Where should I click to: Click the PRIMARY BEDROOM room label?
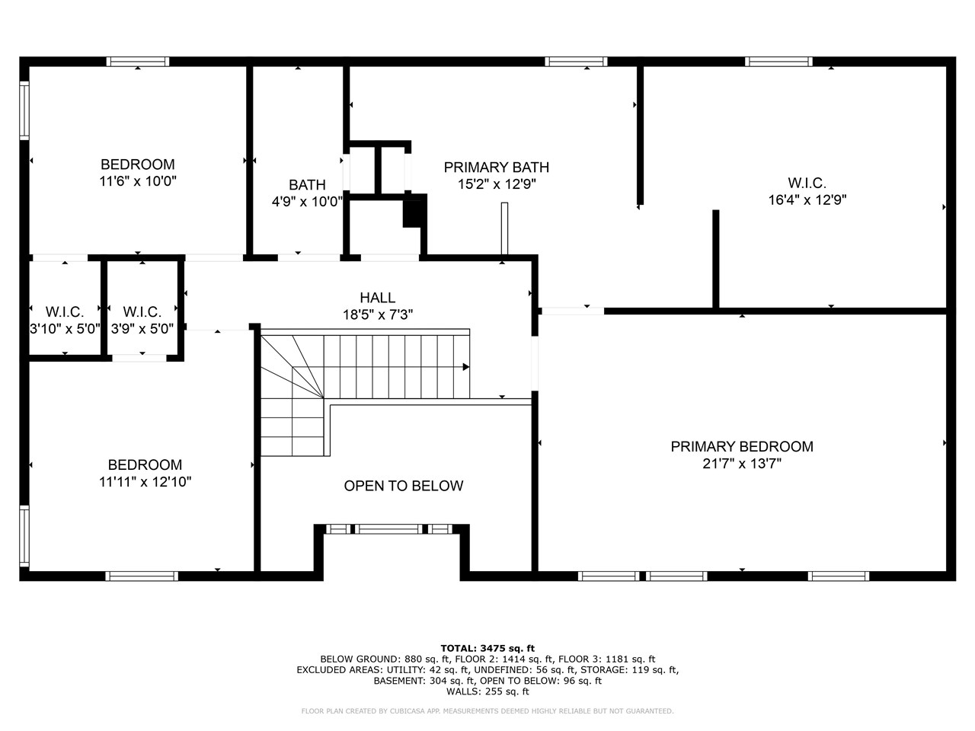point(741,447)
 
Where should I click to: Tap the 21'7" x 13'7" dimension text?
point(741,464)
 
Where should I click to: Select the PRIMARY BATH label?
point(496,168)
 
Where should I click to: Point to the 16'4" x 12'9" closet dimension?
point(807,200)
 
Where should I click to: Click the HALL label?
point(377,298)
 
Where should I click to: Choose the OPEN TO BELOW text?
point(403,486)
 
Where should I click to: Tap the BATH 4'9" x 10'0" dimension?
point(307,202)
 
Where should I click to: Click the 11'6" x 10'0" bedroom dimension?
point(138,181)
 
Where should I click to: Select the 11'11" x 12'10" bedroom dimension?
point(145,481)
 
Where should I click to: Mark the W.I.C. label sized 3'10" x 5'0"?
point(65,312)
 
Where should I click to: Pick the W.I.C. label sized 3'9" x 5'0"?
point(142,312)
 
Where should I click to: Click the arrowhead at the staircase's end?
point(465,367)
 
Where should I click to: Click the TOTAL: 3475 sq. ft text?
point(487,648)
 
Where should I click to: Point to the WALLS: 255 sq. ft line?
point(487,691)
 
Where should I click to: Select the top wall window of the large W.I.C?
point(778,62)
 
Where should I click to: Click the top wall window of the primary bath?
point(576,62)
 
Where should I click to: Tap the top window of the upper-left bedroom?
point(138,62)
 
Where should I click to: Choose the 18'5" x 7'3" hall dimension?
point(377,314)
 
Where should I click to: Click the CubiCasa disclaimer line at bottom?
point(487,711)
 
